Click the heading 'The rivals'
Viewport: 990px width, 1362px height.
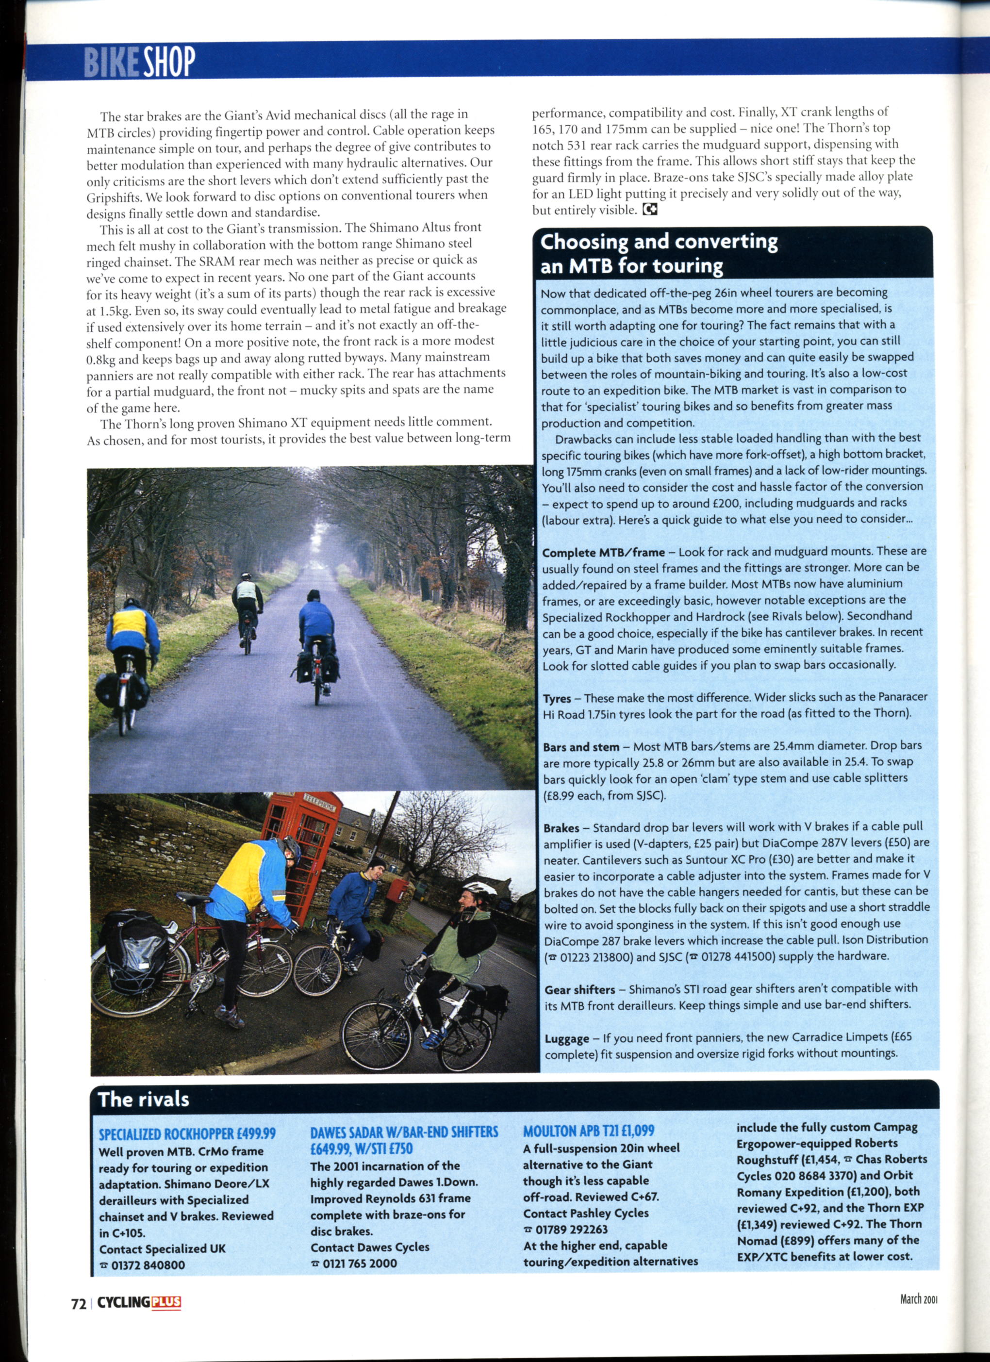tap(143, 1099)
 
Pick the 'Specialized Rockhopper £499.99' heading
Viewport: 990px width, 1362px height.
tap(187, 1134)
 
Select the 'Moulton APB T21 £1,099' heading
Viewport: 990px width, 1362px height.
tap(588, 1131)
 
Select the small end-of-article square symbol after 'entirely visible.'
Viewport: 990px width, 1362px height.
tap(650, 210)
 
